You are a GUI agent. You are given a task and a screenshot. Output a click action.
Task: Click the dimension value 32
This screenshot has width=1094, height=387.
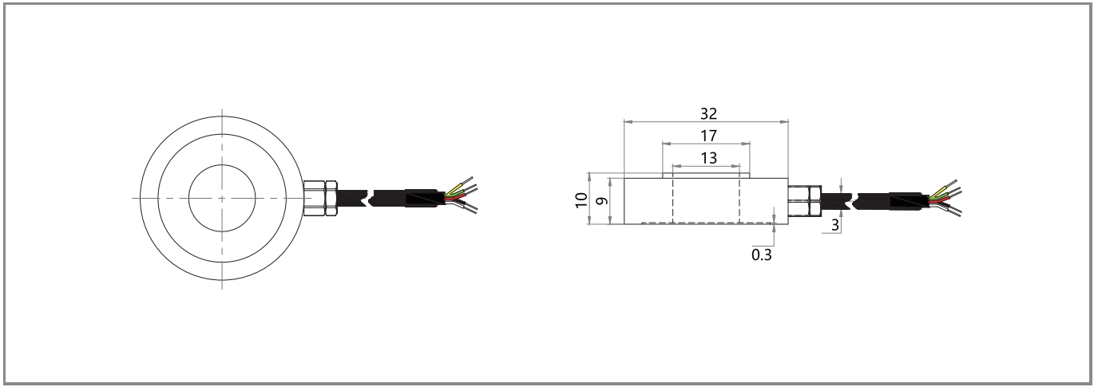708,114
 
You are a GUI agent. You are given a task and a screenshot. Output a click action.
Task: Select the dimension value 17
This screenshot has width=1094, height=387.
708,136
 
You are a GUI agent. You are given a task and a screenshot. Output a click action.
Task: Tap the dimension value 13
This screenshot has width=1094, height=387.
708,158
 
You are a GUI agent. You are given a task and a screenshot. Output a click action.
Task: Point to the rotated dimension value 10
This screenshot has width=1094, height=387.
581,200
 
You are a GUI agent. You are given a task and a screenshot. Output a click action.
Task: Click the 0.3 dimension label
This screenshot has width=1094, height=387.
761,255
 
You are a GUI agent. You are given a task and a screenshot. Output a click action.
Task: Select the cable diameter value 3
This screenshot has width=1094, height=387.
835,225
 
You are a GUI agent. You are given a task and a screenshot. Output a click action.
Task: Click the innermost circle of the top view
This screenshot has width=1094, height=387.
189,198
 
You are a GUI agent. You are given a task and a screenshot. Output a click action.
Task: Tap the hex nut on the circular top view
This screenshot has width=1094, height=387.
320,198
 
